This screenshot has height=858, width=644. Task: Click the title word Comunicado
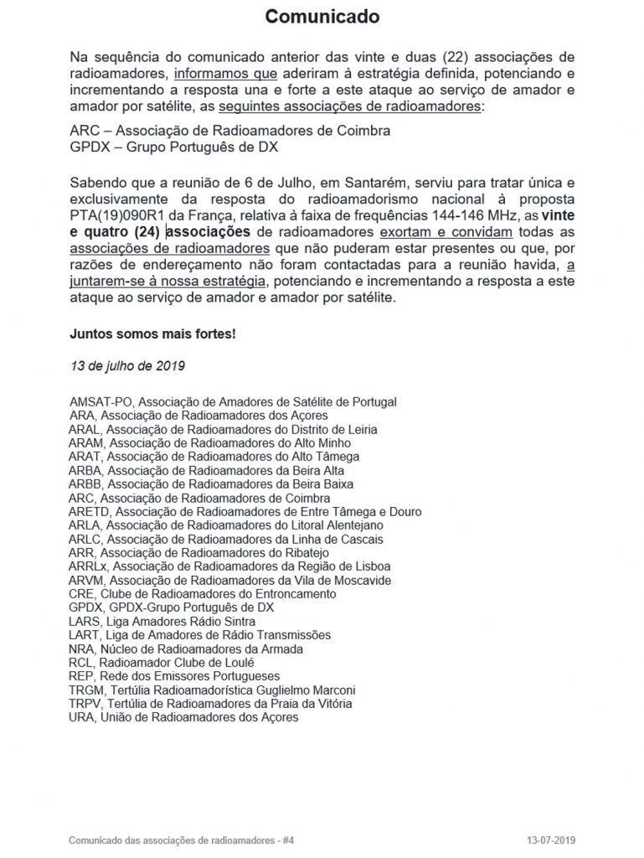point(322,16)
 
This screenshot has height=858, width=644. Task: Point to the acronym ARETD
point(89,511)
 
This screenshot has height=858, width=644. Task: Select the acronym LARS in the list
point(85,621)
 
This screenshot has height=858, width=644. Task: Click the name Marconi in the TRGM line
point(332,690)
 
